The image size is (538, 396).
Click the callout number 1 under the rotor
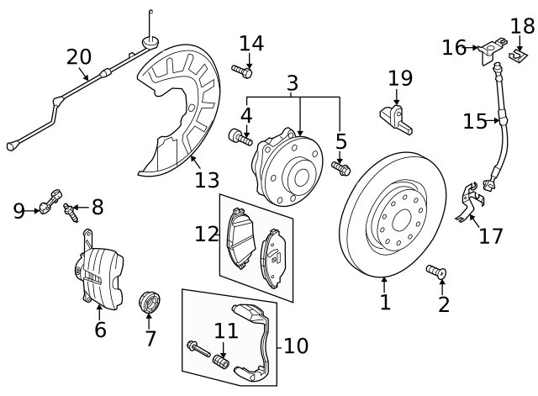[385, 302]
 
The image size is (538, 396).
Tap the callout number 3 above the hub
[292, 83]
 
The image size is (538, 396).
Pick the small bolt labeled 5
[340, 169]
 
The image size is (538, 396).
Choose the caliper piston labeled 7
[150, 301]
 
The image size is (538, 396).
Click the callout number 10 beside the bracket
[295, 345]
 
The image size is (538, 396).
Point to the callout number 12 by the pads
[207, 234]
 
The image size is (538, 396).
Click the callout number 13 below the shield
[207, 179]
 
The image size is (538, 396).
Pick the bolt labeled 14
[242, 70]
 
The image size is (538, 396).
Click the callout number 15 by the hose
[475, 122]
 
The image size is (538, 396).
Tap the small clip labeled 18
[521, 56]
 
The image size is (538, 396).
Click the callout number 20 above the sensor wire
[79, 56]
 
